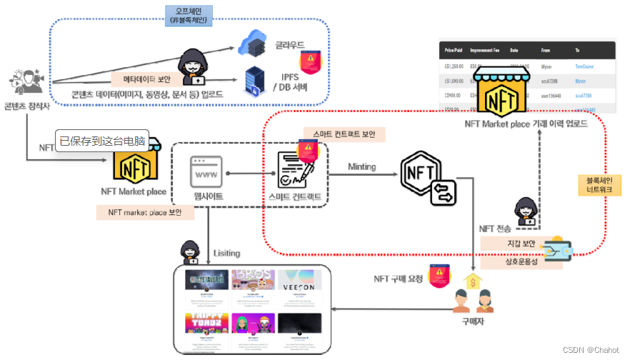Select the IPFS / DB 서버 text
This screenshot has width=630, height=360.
point(291,81)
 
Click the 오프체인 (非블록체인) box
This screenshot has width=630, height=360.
point(192,16)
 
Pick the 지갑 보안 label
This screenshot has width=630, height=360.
point(521,244)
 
